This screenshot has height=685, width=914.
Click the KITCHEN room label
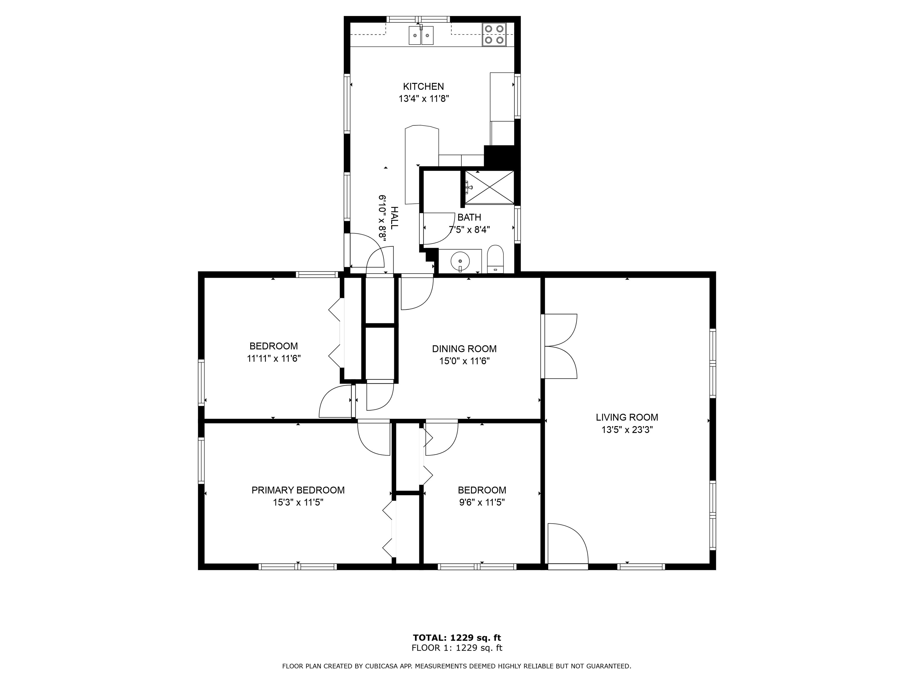(424, 87)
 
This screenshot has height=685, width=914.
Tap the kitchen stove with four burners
(494, 34)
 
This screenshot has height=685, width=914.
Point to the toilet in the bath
(495, 259)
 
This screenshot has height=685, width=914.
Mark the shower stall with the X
(490, 188)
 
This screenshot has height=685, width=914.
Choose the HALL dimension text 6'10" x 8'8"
(383, 218)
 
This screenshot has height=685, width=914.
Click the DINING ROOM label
(464, 349)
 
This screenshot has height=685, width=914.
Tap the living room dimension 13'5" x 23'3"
(627, 430)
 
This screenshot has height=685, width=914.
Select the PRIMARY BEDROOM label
(298, 490)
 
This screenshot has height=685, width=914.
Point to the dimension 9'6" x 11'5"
(482, 502)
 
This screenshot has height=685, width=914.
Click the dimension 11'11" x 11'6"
(273, 358)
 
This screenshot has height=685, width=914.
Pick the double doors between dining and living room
(559, 346)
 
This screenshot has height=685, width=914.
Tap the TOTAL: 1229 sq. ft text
(457, 638)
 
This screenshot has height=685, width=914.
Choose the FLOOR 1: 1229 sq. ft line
(457, 648)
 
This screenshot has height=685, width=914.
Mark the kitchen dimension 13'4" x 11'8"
(424, 99)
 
